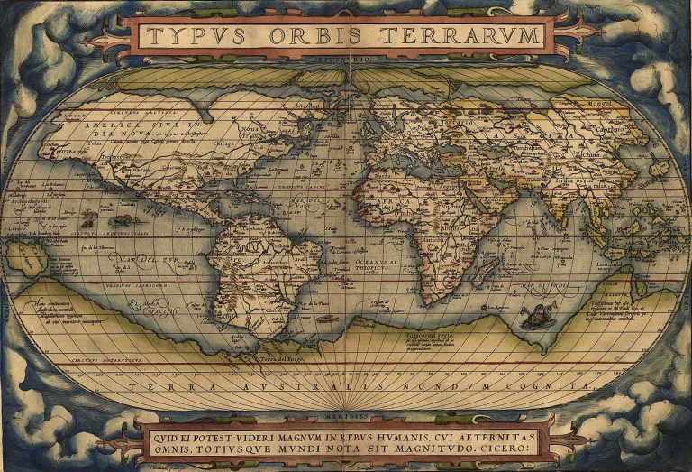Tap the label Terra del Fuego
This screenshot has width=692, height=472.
tap(281, 358)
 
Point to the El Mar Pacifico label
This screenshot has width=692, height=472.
tap(153, 308)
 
